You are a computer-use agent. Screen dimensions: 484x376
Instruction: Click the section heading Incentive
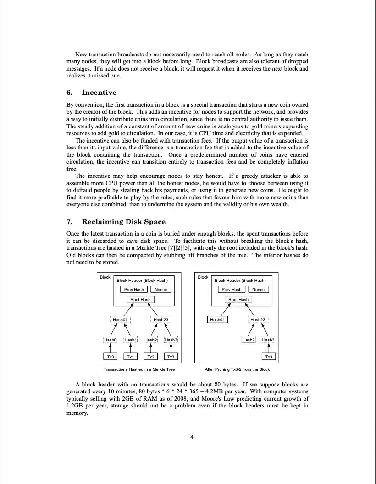99,93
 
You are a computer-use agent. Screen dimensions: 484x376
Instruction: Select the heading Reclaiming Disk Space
124,222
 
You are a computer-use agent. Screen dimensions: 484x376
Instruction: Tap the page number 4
192,437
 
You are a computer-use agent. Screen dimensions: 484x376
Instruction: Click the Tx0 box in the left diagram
110,357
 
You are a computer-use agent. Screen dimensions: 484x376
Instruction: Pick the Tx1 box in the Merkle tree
130,357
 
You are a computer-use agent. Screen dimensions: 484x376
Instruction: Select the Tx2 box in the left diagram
150,357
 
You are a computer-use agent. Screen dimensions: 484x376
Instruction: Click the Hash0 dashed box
110,340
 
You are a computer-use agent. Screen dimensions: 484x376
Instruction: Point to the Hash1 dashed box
130,340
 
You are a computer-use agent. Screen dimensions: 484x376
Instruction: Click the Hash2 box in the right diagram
248,340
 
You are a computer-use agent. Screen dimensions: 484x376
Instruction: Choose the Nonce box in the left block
160,289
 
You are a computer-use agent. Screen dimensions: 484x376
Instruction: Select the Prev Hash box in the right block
232,289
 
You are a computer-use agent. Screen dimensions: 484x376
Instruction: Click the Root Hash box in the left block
140,299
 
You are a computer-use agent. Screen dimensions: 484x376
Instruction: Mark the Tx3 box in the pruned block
268,357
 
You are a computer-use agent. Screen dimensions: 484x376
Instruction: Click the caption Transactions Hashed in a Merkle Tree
139,369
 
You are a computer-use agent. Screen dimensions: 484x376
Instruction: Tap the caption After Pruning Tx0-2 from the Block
237,369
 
